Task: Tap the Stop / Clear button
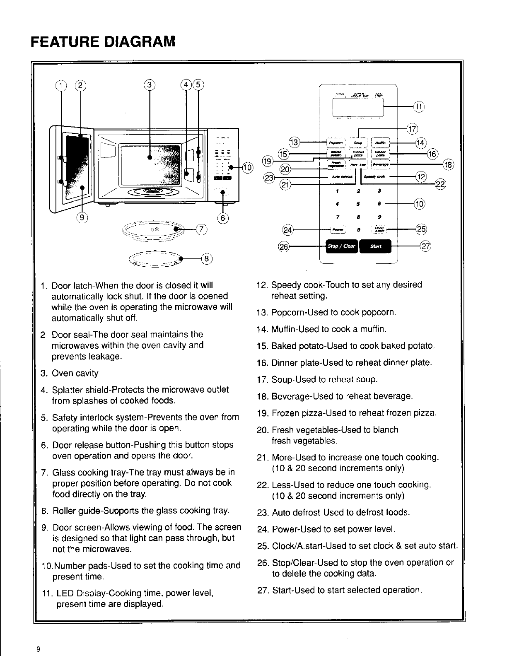(341, 246)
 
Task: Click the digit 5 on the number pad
(358, 204)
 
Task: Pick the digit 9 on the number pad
(379, 217)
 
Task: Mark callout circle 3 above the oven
(150, 85)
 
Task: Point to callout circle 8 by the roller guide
(206, 259)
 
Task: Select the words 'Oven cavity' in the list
(75, 373)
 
